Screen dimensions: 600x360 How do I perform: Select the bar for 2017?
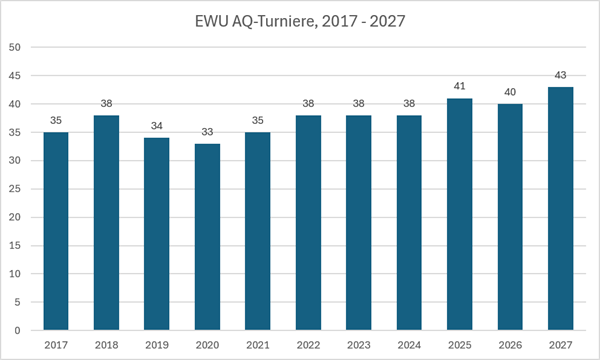tap(56, 231)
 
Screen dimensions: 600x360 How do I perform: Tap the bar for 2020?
tap(207, 237)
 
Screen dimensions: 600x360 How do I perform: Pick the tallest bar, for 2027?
tap(561, 209)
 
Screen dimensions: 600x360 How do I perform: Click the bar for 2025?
tap(460, 214)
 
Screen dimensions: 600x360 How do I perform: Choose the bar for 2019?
tap(157, 234)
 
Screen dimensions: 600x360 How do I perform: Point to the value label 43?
tap(561, 75)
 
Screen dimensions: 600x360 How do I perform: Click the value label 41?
tap(460, 86)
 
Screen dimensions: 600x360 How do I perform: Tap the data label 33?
tap(207, 132)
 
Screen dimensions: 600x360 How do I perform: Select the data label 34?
tap(157, 126)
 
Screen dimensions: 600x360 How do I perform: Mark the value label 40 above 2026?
tap(510, 92)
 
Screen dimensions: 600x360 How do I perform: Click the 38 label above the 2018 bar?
tap(106, 103)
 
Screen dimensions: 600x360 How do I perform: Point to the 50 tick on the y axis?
tap(15, 47)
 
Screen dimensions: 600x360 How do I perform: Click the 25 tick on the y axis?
tap(15, 189)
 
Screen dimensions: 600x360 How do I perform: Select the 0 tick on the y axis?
tap(17, 331)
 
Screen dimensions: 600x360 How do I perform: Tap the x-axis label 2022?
tap(308, 345)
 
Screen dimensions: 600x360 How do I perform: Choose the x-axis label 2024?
tap(409, 345)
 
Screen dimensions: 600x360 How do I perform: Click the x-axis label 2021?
tap(258, 345)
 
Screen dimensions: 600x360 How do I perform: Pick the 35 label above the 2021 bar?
tap(258, 121)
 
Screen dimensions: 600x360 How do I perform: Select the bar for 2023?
tap(359, 223)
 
